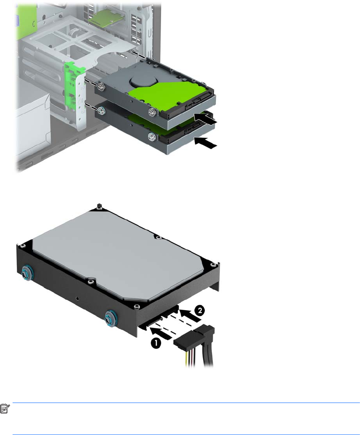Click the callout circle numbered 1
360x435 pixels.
(x=156, y=343)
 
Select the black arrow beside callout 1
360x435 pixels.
(x=160, y=332)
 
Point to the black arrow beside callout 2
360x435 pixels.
(x=190, y=316)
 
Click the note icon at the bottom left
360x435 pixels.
(x=5, y=408)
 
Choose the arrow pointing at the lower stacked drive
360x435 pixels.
(x=205, y=143)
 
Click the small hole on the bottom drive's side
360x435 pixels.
(x=77, y=299)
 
